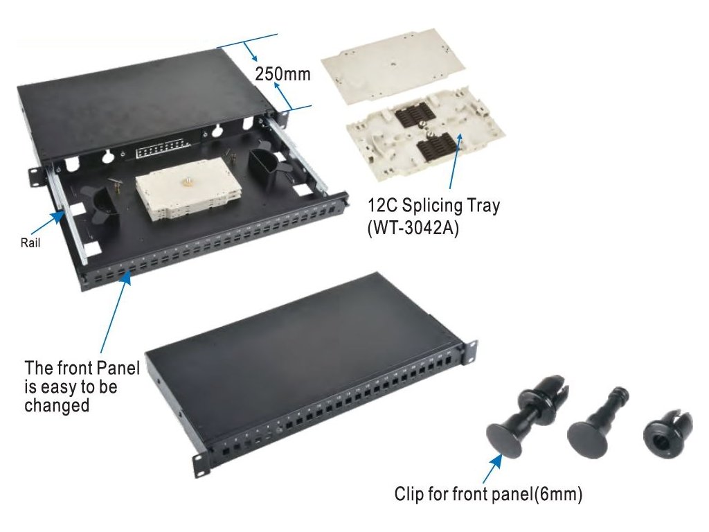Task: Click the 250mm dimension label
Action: tap(283, 73)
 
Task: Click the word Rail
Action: tap(30, 243)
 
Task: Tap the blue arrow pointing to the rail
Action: tap(48, 222)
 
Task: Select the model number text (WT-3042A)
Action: tap(413, 227)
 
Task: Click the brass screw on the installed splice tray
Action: tap(186, 183)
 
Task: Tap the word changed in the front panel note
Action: tap(57, 405)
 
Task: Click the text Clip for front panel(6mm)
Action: tap(488, 493)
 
